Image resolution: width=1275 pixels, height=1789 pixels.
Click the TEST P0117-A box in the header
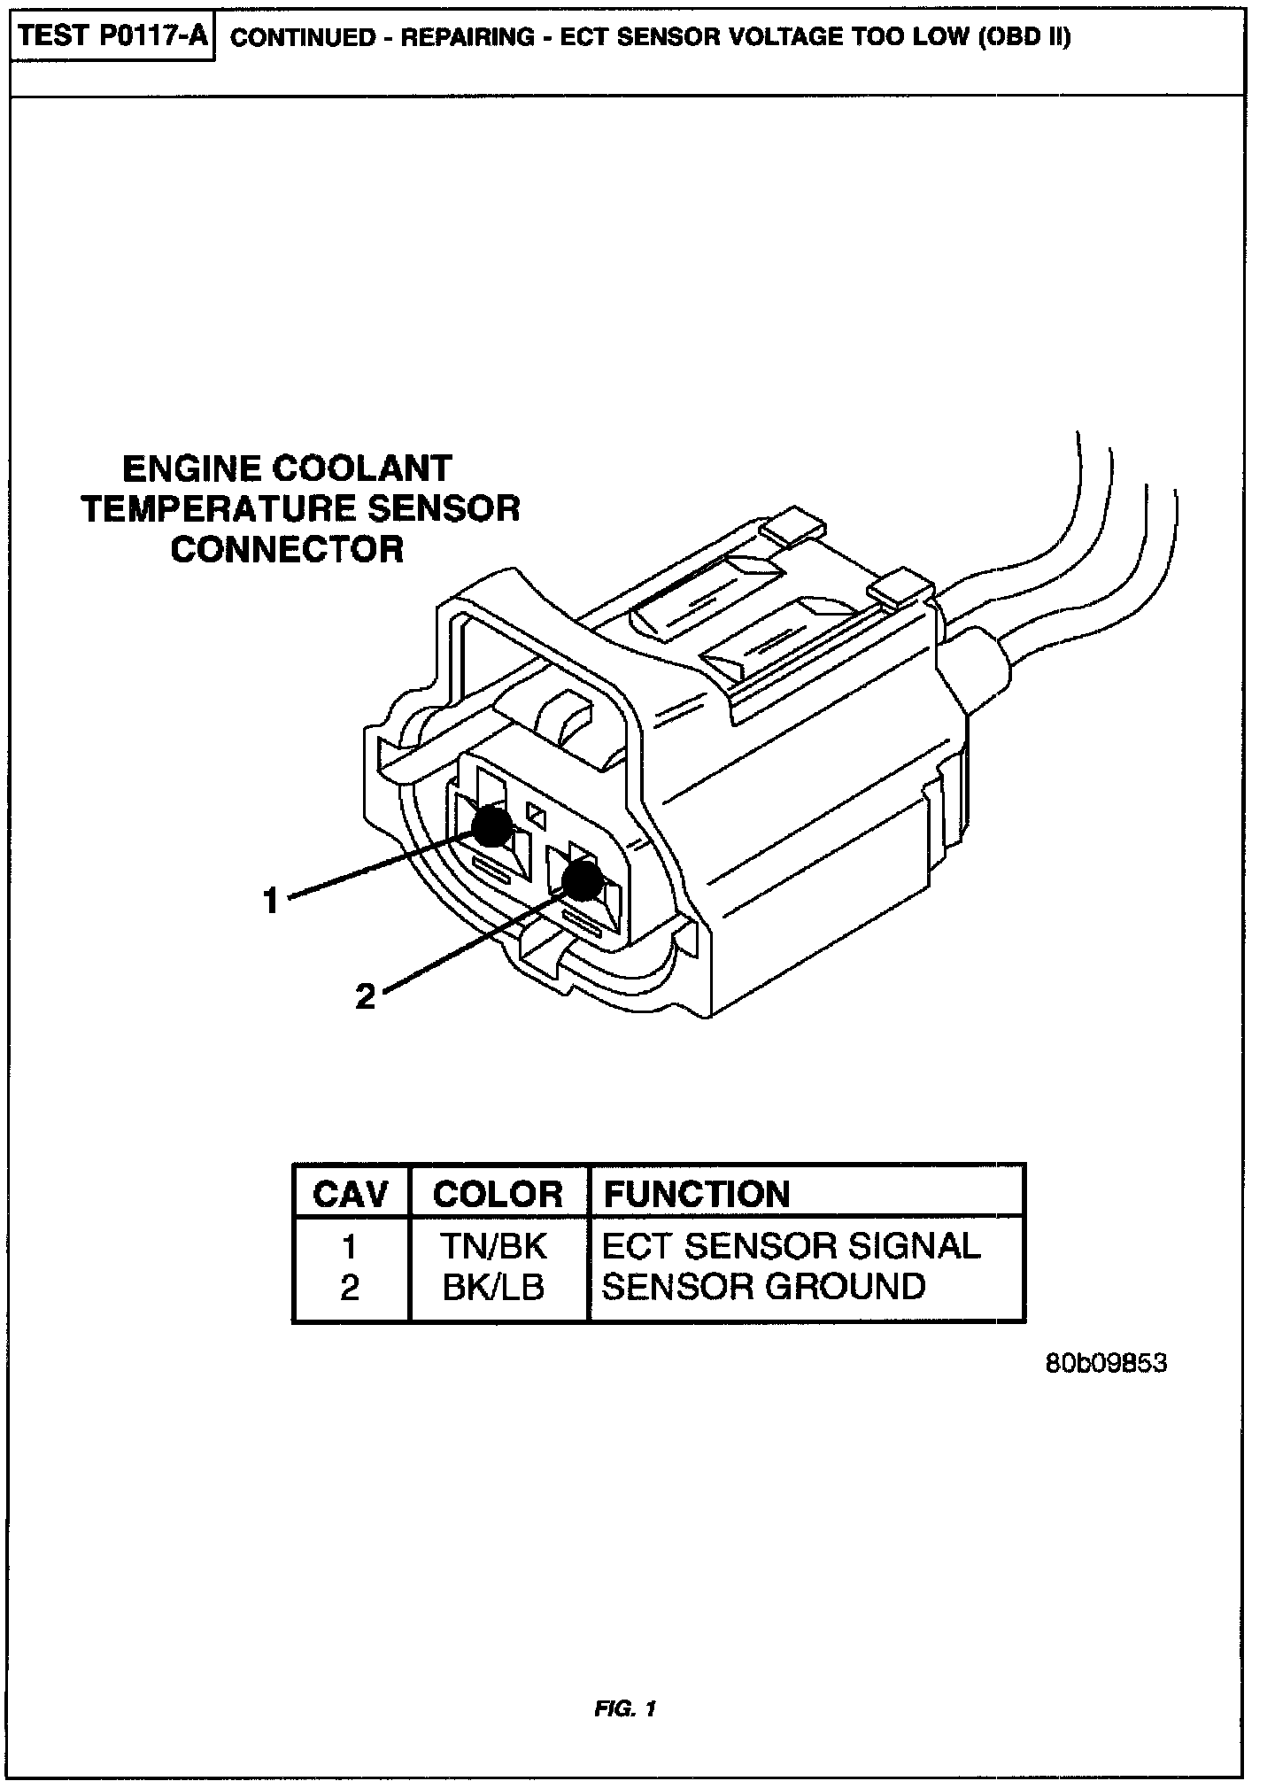[x=112, y=38]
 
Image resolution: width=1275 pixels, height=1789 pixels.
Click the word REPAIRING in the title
[x=468, y=39]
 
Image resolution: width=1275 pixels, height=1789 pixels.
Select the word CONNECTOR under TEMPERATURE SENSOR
[x=287, y=550]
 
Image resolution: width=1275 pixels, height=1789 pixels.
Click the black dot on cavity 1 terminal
[x=491, y=826]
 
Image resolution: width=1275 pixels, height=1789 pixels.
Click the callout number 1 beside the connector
[x=271, y=902]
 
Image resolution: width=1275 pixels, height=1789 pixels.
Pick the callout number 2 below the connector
[x=365, y=998]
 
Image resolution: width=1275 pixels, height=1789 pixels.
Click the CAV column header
[x=351, y=1195]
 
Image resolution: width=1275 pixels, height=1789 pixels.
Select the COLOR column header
[x=498, y=1195]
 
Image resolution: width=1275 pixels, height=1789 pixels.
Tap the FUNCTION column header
[x=696, y=1195]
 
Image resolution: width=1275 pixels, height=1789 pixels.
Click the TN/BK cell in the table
[x=495, y=1246]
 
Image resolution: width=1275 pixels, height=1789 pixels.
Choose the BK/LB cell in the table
[x=493, y=1288]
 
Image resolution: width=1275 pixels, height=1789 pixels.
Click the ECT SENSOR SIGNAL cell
[x=791, y=1246]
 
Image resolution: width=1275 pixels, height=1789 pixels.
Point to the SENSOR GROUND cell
[x=763, y=1288]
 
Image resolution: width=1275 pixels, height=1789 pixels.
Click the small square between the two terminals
[x=535, y=810]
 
